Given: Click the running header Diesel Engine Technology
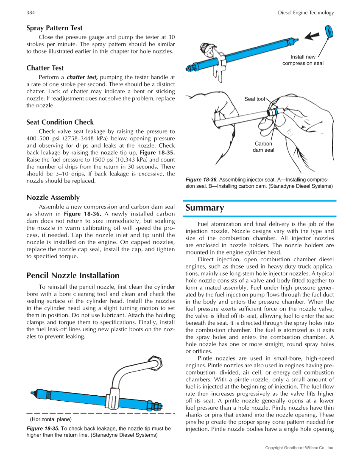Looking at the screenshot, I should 306,13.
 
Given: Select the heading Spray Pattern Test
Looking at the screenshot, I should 54,28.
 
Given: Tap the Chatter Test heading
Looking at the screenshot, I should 45,68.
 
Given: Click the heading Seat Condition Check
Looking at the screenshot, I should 60,122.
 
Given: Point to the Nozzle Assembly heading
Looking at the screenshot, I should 53,198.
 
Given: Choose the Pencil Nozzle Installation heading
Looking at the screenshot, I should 73,275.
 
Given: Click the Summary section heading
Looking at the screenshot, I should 205,208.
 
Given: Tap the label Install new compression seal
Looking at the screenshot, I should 303,60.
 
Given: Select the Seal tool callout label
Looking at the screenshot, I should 254,99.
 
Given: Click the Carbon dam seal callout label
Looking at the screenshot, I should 263,147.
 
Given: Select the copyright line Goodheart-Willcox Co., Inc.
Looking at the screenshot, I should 299,447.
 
